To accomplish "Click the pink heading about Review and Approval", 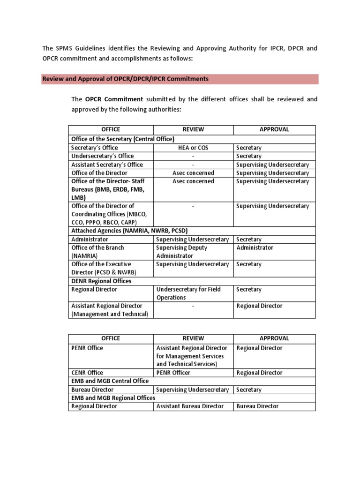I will click(x=125, y=79).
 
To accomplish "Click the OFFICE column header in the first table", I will click(x=111, y=129).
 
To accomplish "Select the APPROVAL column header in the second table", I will click(x=274, y=338).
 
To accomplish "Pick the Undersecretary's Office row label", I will click(x=102, y=156).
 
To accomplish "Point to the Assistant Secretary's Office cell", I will click(x=107, y=165).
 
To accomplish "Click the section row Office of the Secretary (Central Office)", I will click(x=123, y=139).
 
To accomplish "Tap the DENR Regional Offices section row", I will click(x=101, y=281).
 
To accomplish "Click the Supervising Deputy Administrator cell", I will click(x=181, y=252).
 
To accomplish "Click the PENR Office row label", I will click(x=87, y=348).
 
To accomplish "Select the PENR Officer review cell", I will click(x=173, y=373).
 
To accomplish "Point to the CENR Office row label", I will click(x=87, y=373).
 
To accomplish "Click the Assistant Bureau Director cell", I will click(x=190, y=406).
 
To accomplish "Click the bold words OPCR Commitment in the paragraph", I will click(x=114, y=99).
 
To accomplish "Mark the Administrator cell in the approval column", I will click(x=255, y=247).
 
